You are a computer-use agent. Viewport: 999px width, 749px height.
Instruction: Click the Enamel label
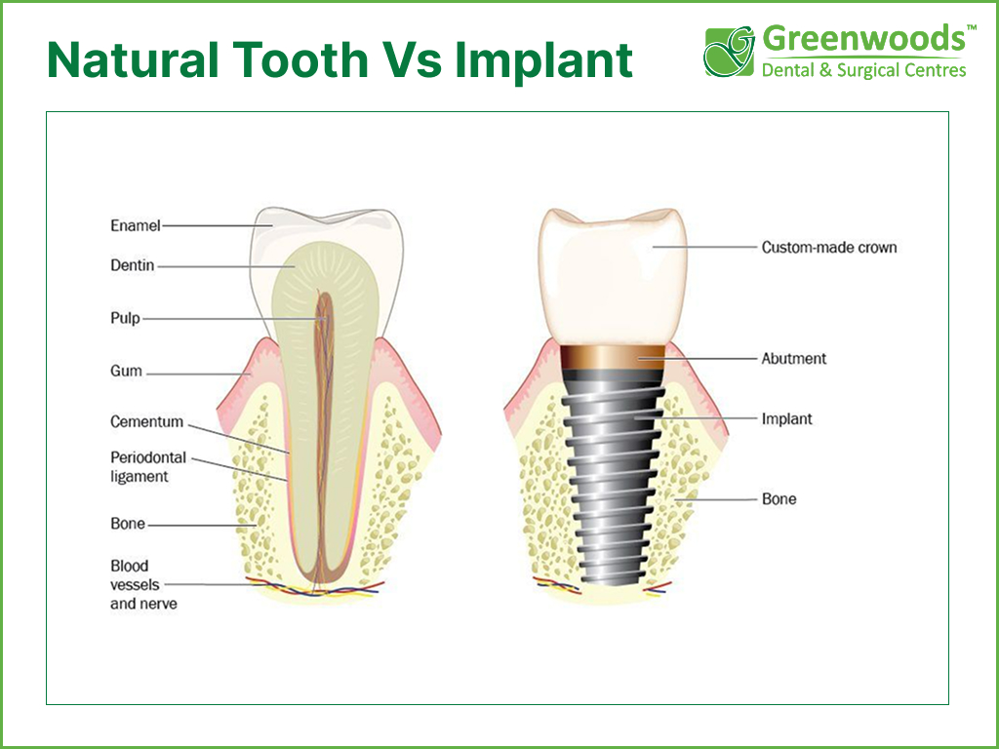tap(135, 225)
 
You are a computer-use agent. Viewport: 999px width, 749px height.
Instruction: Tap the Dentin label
tap(133, 265)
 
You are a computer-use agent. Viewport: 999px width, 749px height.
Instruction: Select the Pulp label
tap(125, 318)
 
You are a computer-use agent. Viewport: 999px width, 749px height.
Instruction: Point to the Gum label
tap(126, 371)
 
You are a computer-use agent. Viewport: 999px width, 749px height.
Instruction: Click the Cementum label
tap(146, 421)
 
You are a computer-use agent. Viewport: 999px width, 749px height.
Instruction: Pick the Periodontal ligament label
tap(148, 467)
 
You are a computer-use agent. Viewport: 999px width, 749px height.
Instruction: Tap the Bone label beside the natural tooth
tap(128, 524)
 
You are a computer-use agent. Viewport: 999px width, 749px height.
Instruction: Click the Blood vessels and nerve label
tap(143, 585)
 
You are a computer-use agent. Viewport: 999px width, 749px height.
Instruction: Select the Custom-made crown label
tap(829, 247)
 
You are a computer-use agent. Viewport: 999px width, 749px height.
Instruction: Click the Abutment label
tap(794, 359)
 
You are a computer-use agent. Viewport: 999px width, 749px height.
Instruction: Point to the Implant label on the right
tap(787, 419)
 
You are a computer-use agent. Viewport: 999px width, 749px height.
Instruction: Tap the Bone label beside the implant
tap(779, 498)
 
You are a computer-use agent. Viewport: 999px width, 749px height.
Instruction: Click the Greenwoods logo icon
tap(729, 52)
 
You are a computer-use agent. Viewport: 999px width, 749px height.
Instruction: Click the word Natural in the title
tap(133, 60)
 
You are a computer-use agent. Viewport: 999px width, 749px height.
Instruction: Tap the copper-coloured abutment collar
tap(613, 358)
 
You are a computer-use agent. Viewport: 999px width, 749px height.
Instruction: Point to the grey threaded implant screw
tap(613, 478)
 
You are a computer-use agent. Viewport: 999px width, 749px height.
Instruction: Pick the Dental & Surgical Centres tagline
tap(864, 70)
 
